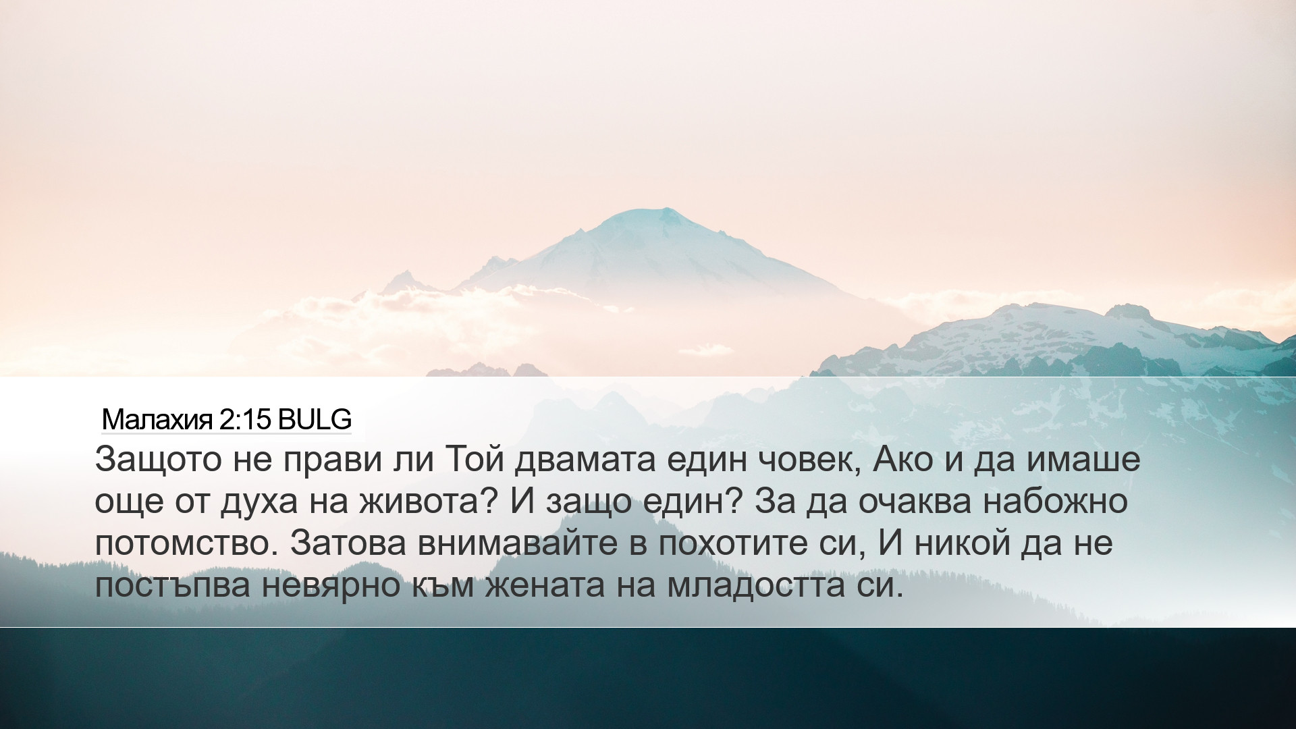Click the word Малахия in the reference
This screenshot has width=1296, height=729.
click(x=157, y=421)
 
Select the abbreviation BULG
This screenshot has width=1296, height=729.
click(x=315, y=421)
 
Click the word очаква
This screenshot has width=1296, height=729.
click(x=915, y=502)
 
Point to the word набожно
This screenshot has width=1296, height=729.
click(x=1055, y=500)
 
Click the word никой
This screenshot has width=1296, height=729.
click(x=961, y=543)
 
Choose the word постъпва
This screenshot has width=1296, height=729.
click(x=172, y=585)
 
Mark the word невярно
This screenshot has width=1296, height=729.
click(x=331, y=585)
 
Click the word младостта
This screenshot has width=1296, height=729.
click(x=756, y=585)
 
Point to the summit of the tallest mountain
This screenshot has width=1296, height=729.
click(x=665, y=209)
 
